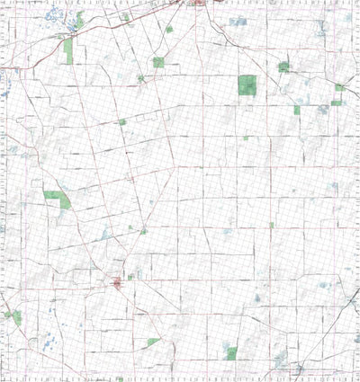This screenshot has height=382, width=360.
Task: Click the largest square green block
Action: click(247, 84)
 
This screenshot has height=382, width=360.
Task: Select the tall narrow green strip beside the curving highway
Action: click(67, 50)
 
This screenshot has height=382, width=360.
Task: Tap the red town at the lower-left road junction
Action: click(117, 284)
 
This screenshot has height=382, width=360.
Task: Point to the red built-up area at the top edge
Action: click(200, 4)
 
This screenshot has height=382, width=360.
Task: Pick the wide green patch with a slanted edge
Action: click(57, 196)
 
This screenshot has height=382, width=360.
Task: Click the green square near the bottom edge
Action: click(231, 353)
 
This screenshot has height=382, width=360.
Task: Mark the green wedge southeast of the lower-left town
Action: click(153, 342)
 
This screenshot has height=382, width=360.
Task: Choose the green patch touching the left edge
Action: click(13, 316)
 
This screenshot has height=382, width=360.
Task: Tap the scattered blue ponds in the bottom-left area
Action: click(47, 342)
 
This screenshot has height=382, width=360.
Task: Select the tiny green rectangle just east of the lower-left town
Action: click(130, 277)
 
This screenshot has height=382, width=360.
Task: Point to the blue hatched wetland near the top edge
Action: click(238, 21)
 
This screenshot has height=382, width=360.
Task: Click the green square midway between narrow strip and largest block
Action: click(158, 62)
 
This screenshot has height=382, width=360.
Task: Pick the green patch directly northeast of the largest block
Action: click(284, 66)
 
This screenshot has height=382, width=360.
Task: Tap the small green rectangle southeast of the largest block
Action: click(296, 110)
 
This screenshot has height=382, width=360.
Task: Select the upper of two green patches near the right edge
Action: click(339, 87)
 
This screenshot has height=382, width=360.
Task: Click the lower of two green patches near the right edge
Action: click(336, 102)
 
